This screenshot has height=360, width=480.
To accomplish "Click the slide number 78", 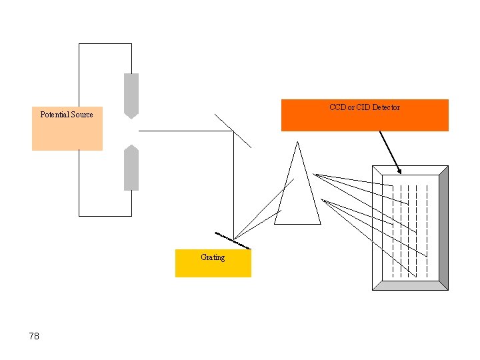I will (x=34, y=336).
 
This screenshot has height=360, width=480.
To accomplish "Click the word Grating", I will (x=213, y=257).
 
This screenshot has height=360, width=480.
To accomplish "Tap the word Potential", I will (x=54, y=115).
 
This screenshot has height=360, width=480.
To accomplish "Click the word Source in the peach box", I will (x=81, y=115).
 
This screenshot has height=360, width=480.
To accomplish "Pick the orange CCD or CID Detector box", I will (x=365, y=120).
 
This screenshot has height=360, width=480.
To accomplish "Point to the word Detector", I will (x=386, y=107).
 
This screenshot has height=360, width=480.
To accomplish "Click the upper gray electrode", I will (x=131, y=93).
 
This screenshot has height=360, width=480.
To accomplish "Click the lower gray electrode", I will (x=131, y=170).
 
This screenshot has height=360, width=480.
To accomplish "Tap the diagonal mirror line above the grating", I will (x=233, y=130).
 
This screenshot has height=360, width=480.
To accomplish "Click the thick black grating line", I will (x=233, y=241).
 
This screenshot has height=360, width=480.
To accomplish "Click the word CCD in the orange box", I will (x=337, y=107).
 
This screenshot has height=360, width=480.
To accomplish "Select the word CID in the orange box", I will (x=363, y=107).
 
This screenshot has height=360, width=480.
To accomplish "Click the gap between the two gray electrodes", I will (x=131, y=131).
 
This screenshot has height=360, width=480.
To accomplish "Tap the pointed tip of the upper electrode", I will (x=131, y=117).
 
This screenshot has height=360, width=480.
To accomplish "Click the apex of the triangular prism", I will (x=297, y=143).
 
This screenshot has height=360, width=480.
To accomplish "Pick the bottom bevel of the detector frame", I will (x=410, y=285).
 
